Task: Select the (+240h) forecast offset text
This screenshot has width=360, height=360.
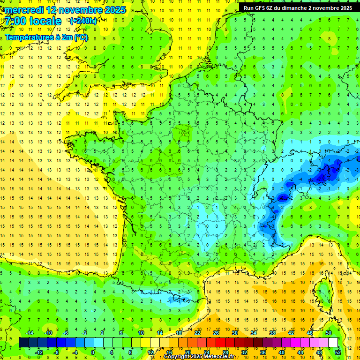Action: (x=83, y=21)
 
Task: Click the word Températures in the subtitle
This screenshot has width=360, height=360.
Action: (x=28, y=37)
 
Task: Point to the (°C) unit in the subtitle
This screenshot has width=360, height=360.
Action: (x=81, y=37)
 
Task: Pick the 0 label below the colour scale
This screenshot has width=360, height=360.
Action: (x=93, y=352)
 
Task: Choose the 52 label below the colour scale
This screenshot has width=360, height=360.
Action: (x=337, y=352)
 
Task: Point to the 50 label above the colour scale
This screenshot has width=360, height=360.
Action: (x=328, y=332)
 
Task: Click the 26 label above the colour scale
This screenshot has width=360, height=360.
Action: (x=216, y=332)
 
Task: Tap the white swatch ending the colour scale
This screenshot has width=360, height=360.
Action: (x=333, y=342)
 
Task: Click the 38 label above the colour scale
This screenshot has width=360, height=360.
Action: (x=272, y=332)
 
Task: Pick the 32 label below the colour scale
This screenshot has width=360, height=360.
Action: (x=244, y=352)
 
